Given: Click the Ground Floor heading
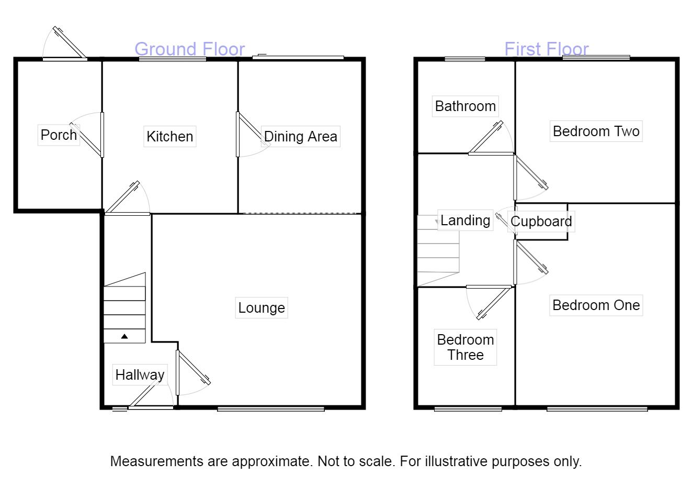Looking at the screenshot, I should point(189,49).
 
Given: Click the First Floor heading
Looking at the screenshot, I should point(547,49).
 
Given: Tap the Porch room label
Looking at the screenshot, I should point(59,135).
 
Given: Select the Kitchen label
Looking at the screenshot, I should point(170,136).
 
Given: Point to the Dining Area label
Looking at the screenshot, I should point(300,136).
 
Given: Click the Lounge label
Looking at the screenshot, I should point(262,307).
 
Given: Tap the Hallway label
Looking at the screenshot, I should point(140,374).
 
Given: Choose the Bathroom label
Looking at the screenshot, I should point(465,106).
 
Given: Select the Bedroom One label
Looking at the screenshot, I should point(596,305).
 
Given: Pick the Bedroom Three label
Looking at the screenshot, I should point(465,347).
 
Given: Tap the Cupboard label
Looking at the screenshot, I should point(541,221).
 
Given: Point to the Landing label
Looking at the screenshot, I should point(465,220).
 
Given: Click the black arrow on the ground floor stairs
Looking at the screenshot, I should point(124,336).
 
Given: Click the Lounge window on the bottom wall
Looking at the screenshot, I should point(270,409).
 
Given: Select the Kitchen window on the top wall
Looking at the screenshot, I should point(172,60).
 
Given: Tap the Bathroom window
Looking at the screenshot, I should point(464,59).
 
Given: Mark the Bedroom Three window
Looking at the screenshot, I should point(468,409).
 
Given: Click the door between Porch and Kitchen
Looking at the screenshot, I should point(101,135).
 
